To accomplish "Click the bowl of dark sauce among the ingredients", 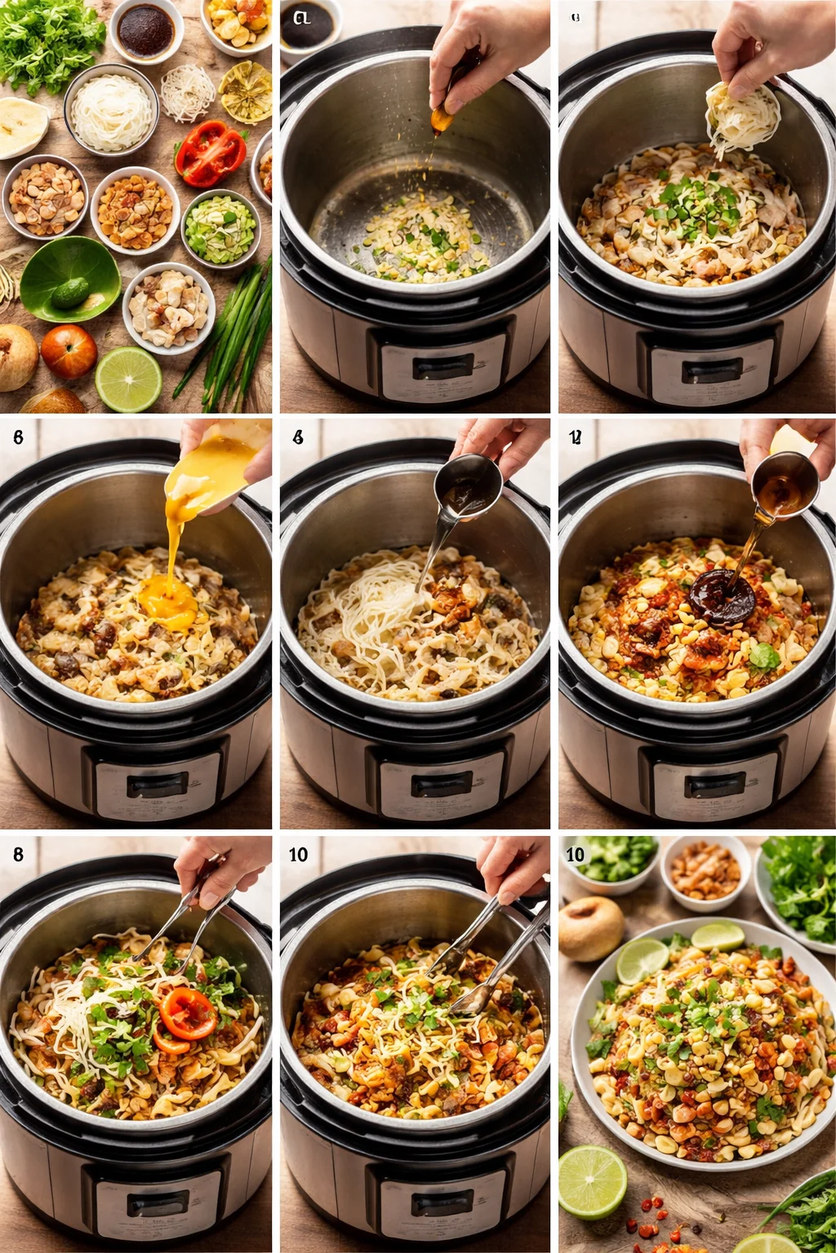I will click(x=145, y=32).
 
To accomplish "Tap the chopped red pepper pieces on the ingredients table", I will click(x=210, y=153).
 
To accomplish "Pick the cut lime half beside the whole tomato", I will click(x=128, y=379).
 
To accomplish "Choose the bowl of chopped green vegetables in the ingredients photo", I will click(x=220, y=228).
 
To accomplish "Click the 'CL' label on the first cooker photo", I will click(x=301, y=17).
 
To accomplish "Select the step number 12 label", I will click(x=575, y=438).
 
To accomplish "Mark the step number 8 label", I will click(x=18, y=854).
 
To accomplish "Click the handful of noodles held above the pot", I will click(x=741, y=118).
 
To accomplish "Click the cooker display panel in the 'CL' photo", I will click(x=442, y=368).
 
